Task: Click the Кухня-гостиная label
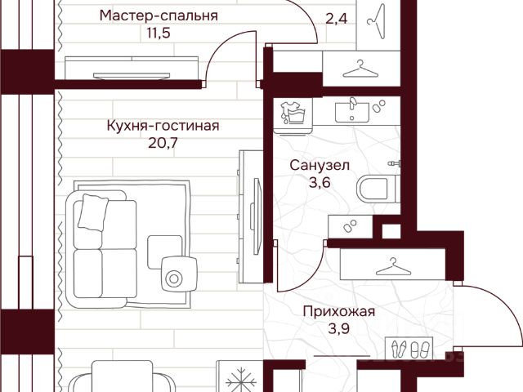[163, 126]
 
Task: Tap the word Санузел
[320, 165]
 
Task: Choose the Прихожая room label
[338, 310]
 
